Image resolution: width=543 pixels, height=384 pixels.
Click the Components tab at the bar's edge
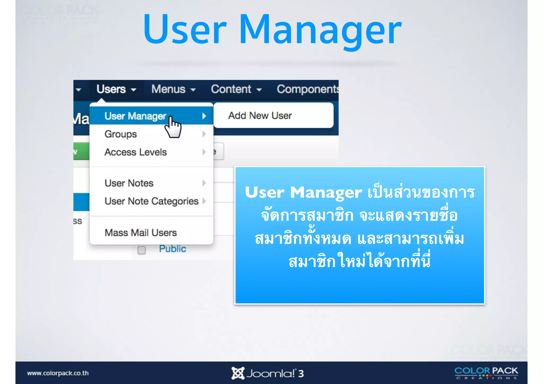[307, 89]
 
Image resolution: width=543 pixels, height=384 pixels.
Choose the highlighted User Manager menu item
[135, 116]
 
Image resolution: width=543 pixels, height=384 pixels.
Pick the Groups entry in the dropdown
[121, 134]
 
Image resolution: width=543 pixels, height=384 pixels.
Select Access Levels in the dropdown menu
[135, 152]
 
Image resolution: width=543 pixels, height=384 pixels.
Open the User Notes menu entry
[129, 183]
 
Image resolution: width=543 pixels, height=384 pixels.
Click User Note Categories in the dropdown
[151, 201]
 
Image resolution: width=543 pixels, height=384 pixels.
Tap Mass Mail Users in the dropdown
[141, 233]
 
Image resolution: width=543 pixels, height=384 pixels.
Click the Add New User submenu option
[260, 116]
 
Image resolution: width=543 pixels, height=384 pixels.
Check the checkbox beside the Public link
[142, 250]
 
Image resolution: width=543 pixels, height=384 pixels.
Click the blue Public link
[172, 249]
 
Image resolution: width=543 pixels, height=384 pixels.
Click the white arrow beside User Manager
[204, 116]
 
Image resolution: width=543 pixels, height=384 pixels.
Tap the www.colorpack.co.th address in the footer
[58, 373]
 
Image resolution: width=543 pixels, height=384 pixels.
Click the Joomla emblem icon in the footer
[238, 373]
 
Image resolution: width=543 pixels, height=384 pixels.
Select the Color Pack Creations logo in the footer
[486, 373]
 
